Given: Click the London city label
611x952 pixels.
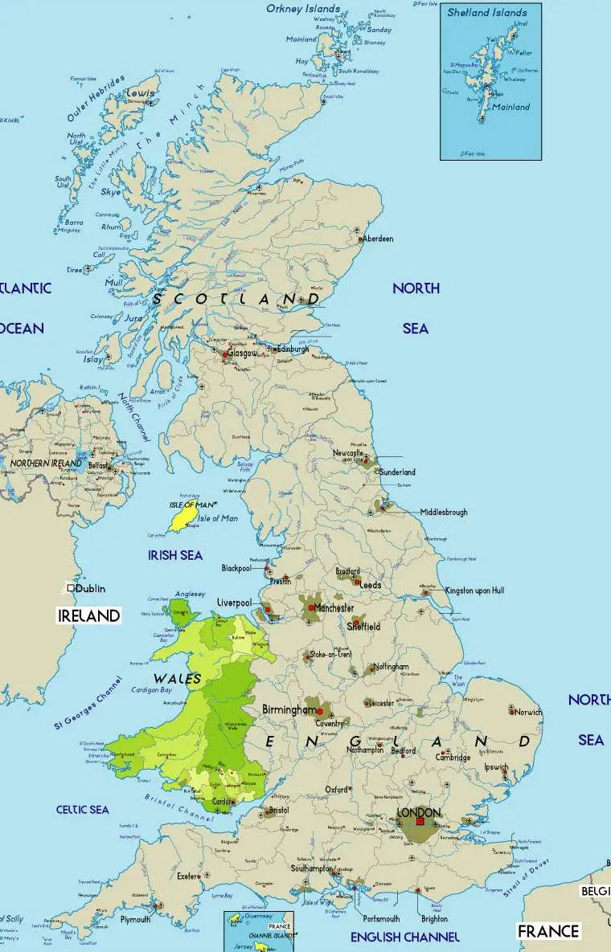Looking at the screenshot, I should point(419,812).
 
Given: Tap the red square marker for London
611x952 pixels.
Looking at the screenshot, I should point(420,822).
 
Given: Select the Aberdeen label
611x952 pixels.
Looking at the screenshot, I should point(378,239).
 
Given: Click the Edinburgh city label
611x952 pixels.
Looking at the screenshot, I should point(292,349).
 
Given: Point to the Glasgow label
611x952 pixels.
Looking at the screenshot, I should point(242,353).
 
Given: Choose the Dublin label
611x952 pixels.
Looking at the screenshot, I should point(92,588).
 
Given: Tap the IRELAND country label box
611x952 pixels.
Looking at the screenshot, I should point(89,615).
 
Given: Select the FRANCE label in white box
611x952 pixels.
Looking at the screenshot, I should point(548,931).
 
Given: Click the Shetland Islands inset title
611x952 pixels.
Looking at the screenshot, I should point(487,12).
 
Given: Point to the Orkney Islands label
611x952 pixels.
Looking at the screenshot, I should point(303,9).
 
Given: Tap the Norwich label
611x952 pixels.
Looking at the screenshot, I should point(529,712).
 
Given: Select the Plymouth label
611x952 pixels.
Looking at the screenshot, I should point(135,919).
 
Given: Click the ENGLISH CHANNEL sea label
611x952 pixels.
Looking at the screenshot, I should point(405,937).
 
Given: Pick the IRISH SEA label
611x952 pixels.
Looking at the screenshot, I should point(175,555).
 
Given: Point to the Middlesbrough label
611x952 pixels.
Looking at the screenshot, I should point(443,512).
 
